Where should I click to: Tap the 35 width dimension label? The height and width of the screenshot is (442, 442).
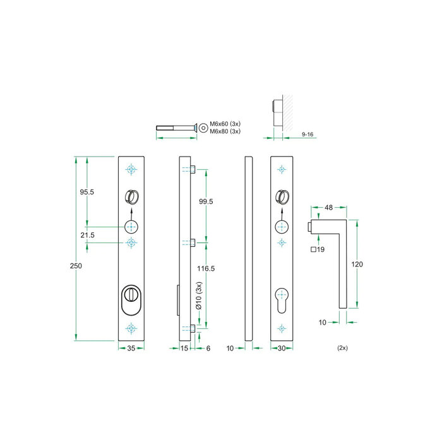pos(131,348)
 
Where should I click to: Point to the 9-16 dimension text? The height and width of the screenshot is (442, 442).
pos(308,134)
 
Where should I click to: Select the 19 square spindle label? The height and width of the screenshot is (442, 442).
pos(318,250)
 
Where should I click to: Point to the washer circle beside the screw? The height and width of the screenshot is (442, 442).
pos(203,128)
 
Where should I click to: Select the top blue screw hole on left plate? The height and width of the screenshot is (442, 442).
pos(131,169)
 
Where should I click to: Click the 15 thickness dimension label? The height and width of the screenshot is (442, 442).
pos(184,348)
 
